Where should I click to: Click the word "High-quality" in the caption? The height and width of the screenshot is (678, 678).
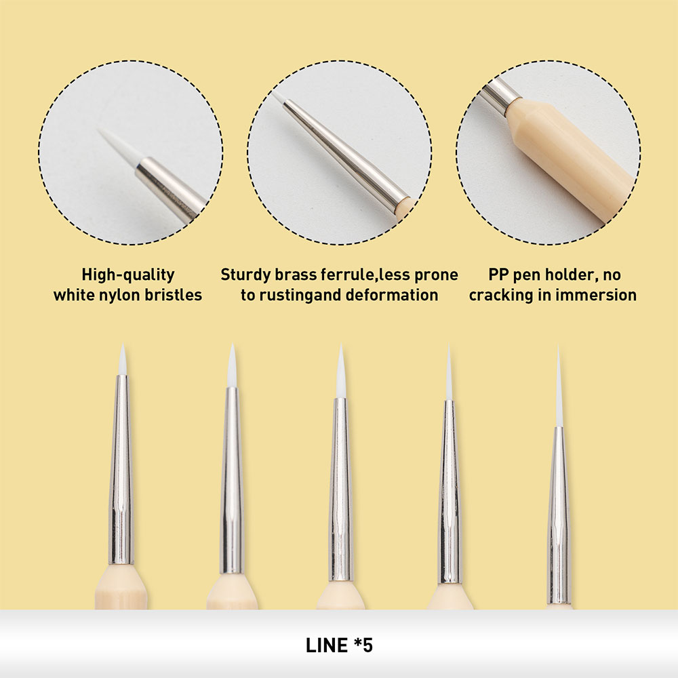tap(128, 275)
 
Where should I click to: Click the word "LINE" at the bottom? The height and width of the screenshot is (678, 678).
tap(327, 645)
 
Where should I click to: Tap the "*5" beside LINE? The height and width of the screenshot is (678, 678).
tap(363, 645)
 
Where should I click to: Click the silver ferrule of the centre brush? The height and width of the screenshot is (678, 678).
tap(340, 489)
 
